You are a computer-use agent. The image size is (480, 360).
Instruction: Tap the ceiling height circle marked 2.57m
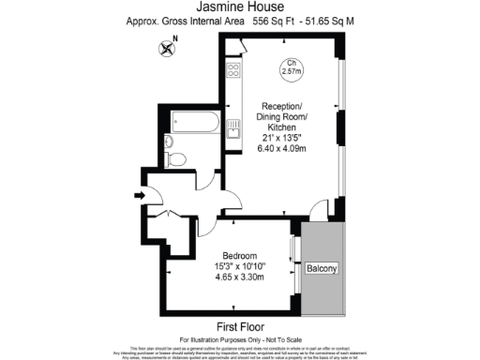pyautogui.click(x=292, y=67)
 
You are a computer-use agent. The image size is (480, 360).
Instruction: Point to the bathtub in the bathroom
pyautogui.click(x=195, y=122)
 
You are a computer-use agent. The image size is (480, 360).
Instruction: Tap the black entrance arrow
pyautogui.click(x=140, y=195)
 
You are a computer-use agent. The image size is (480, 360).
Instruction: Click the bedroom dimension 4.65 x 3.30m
pyautogui.click(x=243, y=277)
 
